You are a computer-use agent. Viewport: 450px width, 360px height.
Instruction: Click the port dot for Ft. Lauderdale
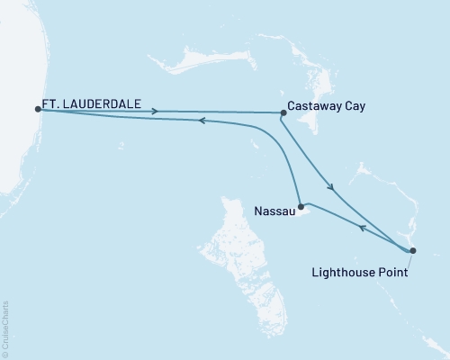pos(38,109)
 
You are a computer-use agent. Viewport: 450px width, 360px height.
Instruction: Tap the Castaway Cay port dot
pos(283,113)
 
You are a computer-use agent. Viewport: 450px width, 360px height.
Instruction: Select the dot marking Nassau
pos(301,206)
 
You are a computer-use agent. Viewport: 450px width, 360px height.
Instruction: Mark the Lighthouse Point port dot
pos(412,250)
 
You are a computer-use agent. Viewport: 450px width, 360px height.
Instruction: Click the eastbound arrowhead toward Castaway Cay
pos(157,112)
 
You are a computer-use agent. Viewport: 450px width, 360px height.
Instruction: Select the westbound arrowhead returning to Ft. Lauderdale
pos(202,120)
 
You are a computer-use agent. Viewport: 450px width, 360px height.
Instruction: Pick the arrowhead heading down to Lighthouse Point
pos(332,187)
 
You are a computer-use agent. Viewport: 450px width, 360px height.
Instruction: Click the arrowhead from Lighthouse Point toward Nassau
pos(362,228)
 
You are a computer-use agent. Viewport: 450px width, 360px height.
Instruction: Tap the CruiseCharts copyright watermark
pos(5,328)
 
